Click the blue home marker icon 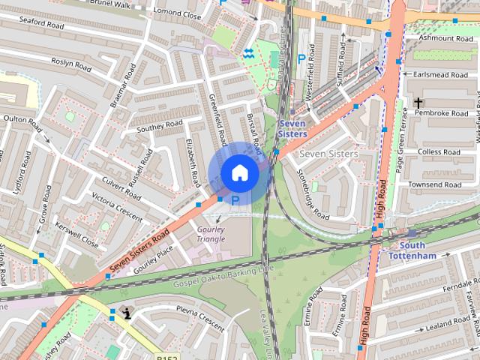pos(239,172)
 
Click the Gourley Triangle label pos(211,234)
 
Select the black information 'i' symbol pos(127,314)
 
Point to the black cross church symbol pos(417,102)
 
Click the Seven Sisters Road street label pos(138,250)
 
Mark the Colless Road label pos(439,152)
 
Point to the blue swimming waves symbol pos(249,52)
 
